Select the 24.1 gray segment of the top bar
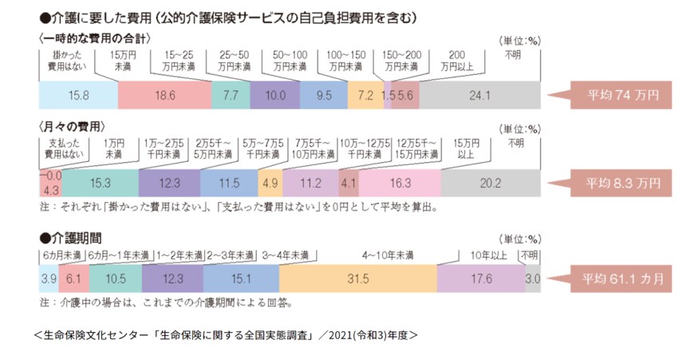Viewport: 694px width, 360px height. click(480, 95)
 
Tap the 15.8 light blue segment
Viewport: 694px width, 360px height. click(78, 95)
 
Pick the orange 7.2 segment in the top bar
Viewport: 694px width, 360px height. click(365, 95)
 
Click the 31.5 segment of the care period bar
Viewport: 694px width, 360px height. click(357, 279)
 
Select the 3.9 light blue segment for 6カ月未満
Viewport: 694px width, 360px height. click(47, 279)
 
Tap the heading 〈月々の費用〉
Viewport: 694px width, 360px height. click(71, 127)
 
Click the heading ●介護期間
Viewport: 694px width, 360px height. click(70, 237)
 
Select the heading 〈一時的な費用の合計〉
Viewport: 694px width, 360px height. click(95, 38)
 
